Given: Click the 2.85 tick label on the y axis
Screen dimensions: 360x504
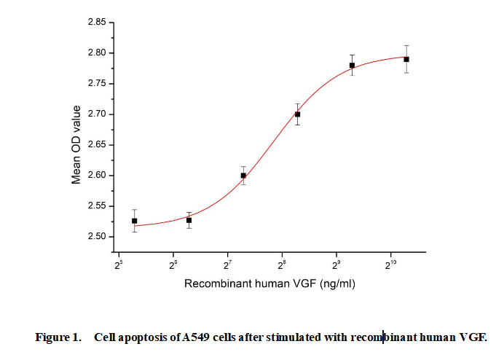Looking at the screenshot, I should tap(97, 23).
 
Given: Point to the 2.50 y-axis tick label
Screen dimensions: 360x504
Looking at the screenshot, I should tap(97, 237).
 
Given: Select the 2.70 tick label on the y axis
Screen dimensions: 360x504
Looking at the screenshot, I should tap(97, 114).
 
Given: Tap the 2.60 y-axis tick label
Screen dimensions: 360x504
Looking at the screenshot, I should tap(97, 176).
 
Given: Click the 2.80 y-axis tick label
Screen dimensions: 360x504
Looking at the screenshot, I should tap(97, 53).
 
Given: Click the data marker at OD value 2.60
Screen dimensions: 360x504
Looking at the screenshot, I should tap(243, 176).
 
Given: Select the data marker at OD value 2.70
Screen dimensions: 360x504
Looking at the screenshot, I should tap(297, 114).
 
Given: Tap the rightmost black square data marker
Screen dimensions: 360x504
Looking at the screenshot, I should tap(406, 59).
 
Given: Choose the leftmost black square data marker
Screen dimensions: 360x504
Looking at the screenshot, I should tap(135, 221).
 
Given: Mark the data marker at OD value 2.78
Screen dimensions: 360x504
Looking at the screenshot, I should tap(352, 66).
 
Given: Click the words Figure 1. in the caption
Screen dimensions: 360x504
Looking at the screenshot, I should tap(58, 337).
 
